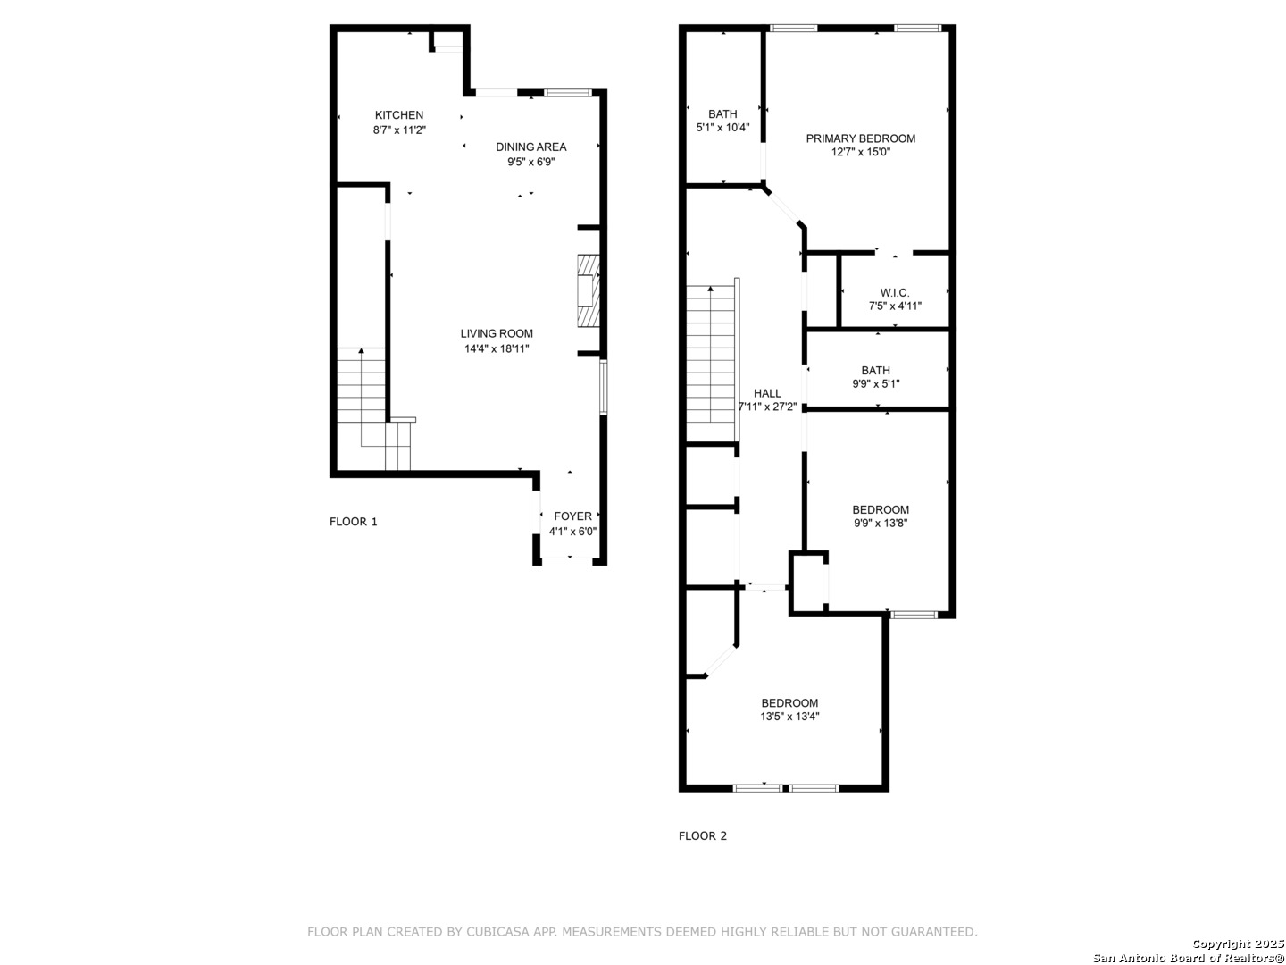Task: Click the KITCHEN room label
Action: point(399,115)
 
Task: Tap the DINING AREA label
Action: point(530,147)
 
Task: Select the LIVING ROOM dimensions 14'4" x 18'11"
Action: point(497,349)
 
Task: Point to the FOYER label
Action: point(572,516)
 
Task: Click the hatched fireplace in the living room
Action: point(589,290)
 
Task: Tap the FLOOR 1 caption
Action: point(354,522)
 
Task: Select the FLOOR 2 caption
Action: point(703,836)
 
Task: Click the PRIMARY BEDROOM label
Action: point(861,138)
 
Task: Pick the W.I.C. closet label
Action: point(895,293)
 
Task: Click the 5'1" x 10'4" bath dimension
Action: point(722,128)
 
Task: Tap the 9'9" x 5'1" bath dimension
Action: point(876,384)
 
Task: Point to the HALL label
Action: point(767,393)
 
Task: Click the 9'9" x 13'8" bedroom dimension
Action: point(881,524)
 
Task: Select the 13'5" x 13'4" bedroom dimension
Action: point(789,717)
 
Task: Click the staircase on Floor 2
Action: point(713,360)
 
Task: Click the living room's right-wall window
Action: point(604,388)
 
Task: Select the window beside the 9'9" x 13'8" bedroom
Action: point(914,615)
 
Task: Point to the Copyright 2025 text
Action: point(1238,944)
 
